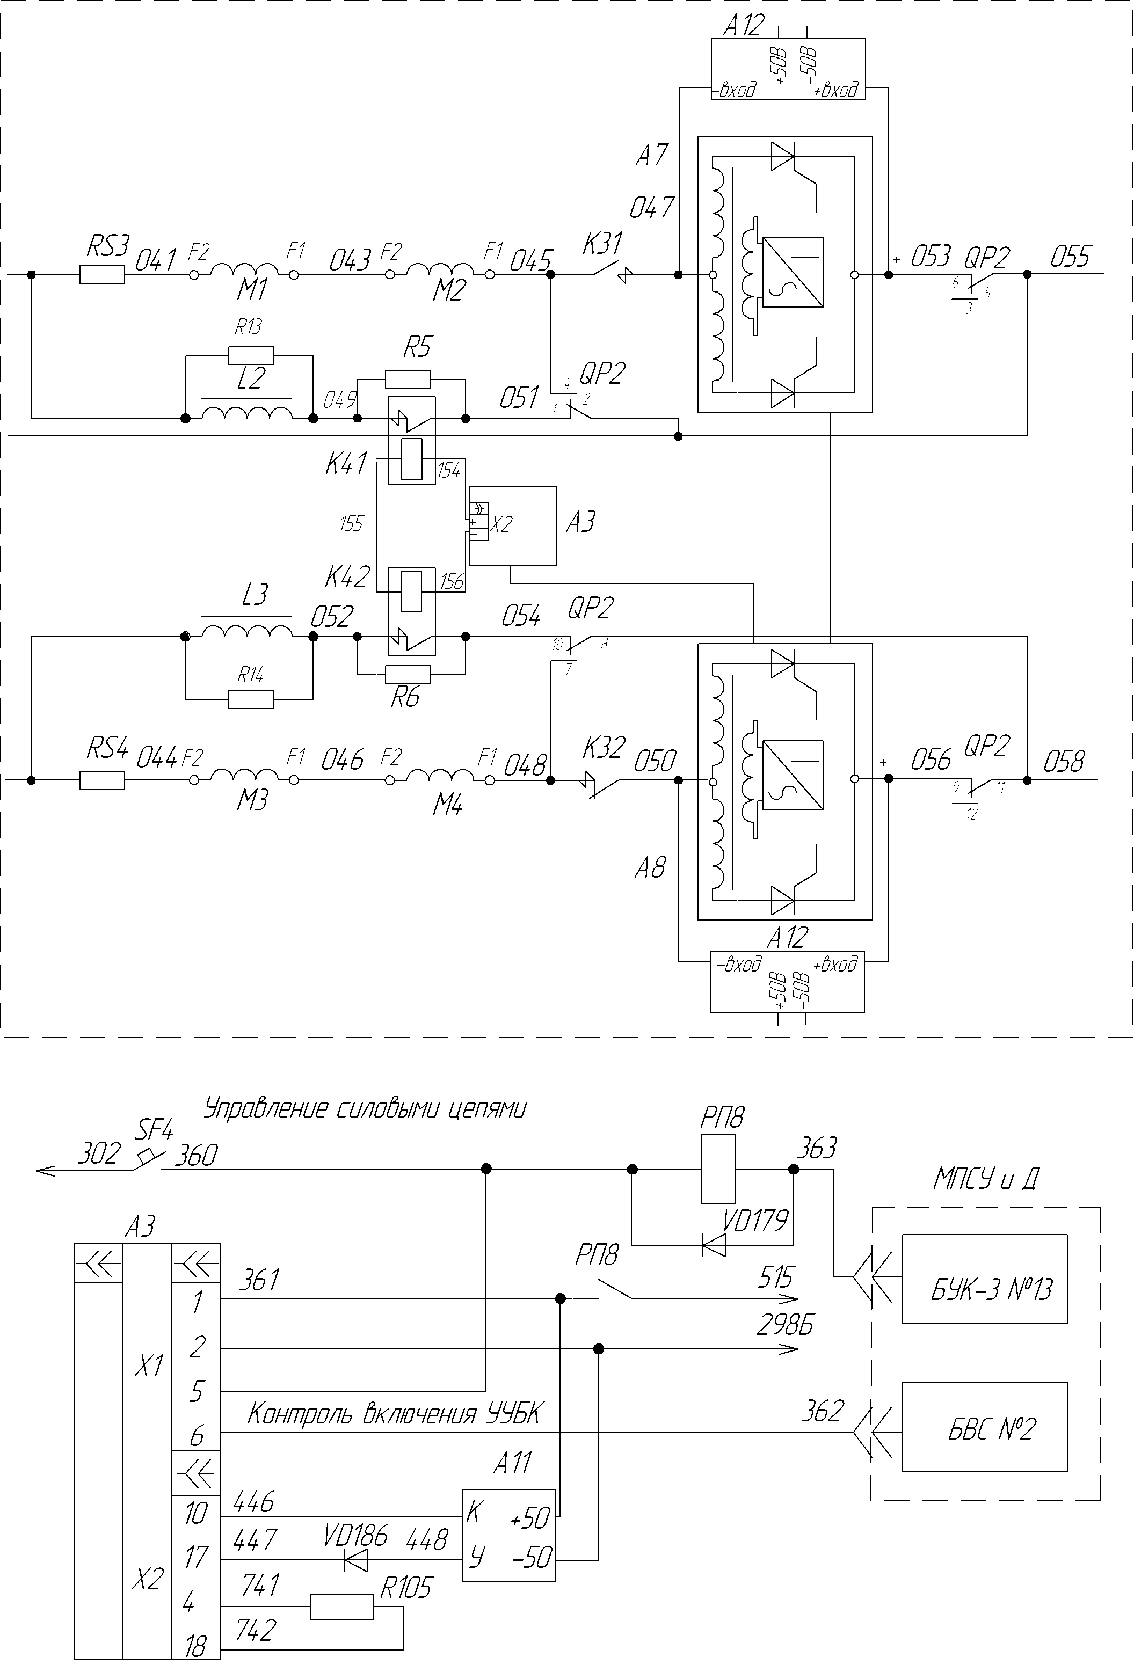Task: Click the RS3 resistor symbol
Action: coord(102,274)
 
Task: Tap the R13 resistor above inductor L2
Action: coord(250,355)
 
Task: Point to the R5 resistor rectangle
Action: coord(408,379)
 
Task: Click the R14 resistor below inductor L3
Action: coord(250,699)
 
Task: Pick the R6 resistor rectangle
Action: coord(408,674)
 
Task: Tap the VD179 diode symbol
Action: coord(713,1245)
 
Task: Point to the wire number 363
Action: coord(817,1148)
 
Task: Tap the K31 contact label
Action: coord(603,244)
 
